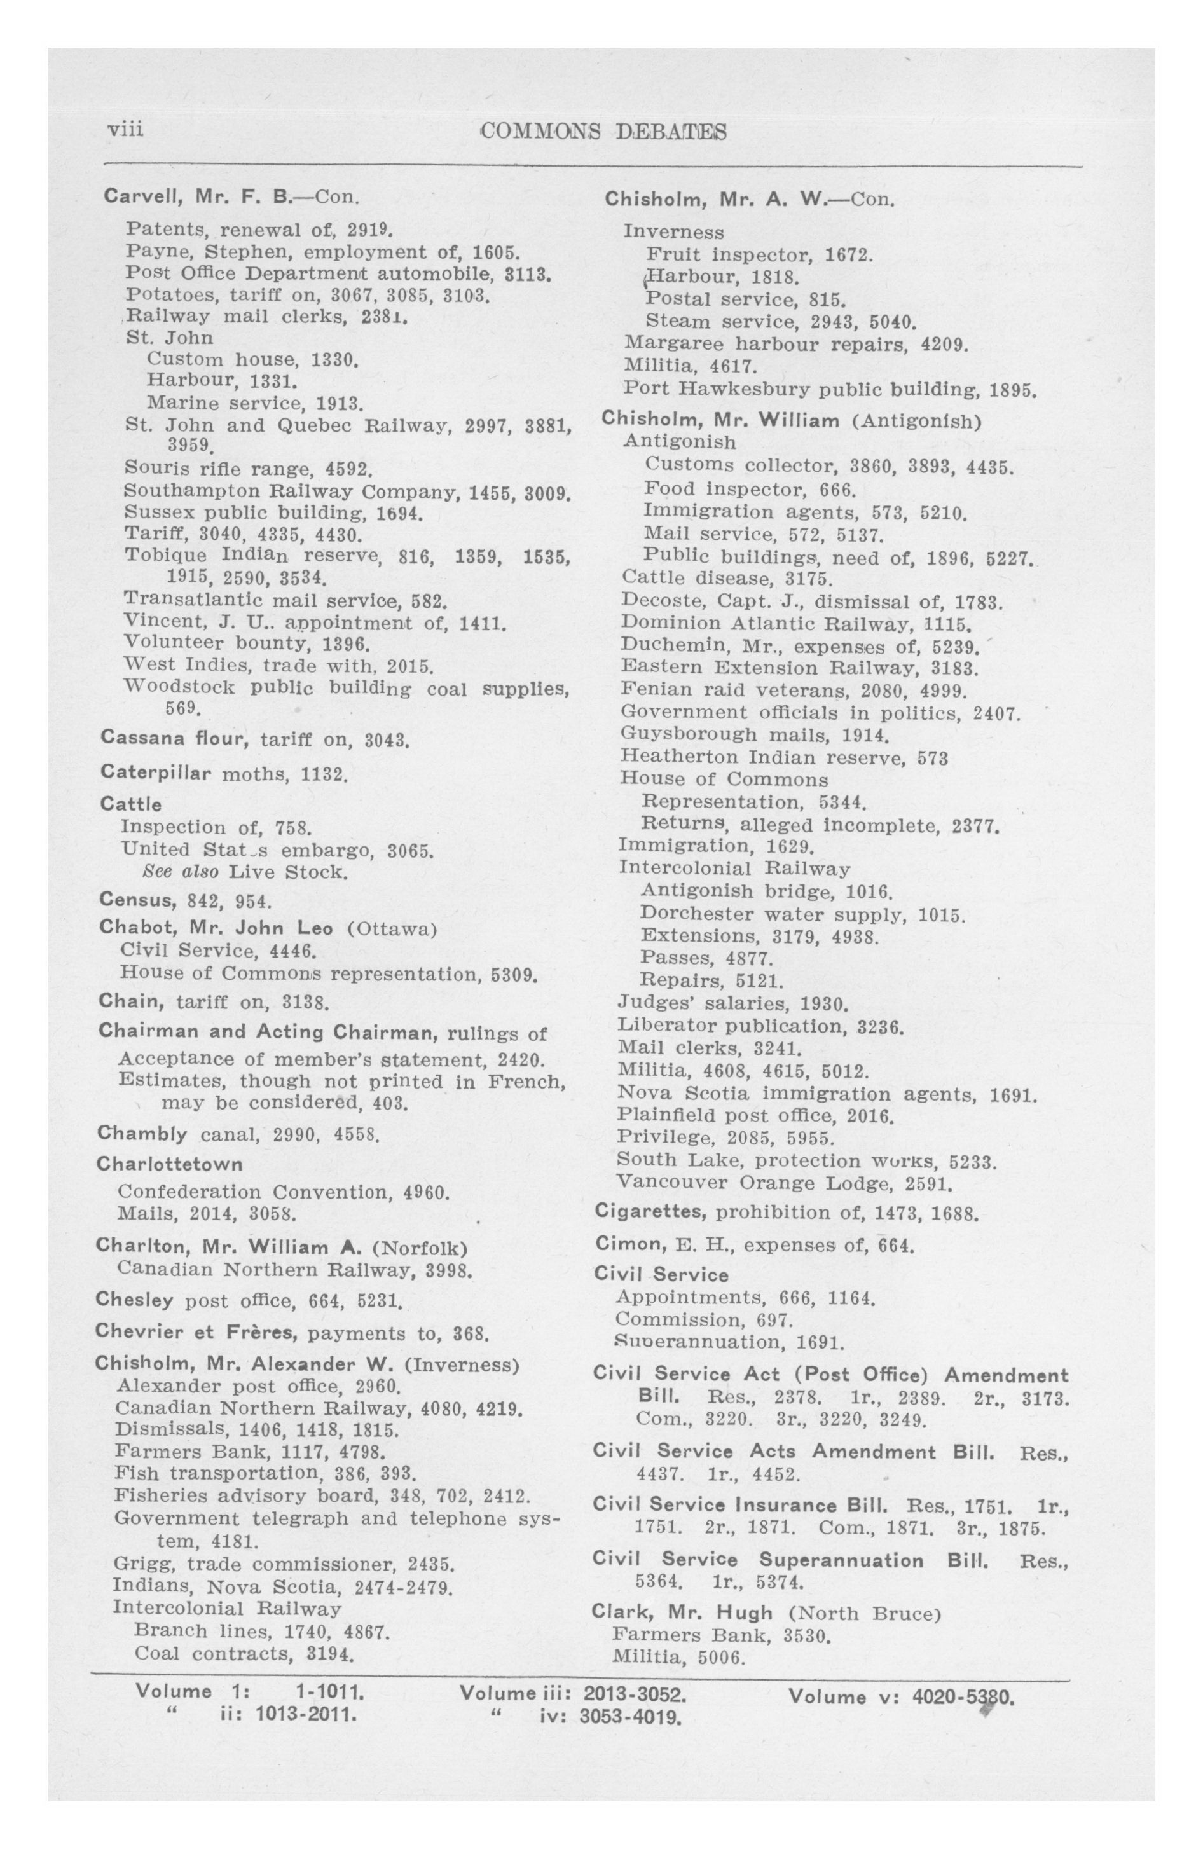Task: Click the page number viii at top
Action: [x=125, y=128]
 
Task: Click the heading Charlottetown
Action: [x=169, y=1164]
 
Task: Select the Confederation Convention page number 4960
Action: [x=427, y=1192]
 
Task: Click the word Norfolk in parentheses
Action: [x=419, y=1248]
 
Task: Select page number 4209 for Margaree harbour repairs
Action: [x=944, y=343]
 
